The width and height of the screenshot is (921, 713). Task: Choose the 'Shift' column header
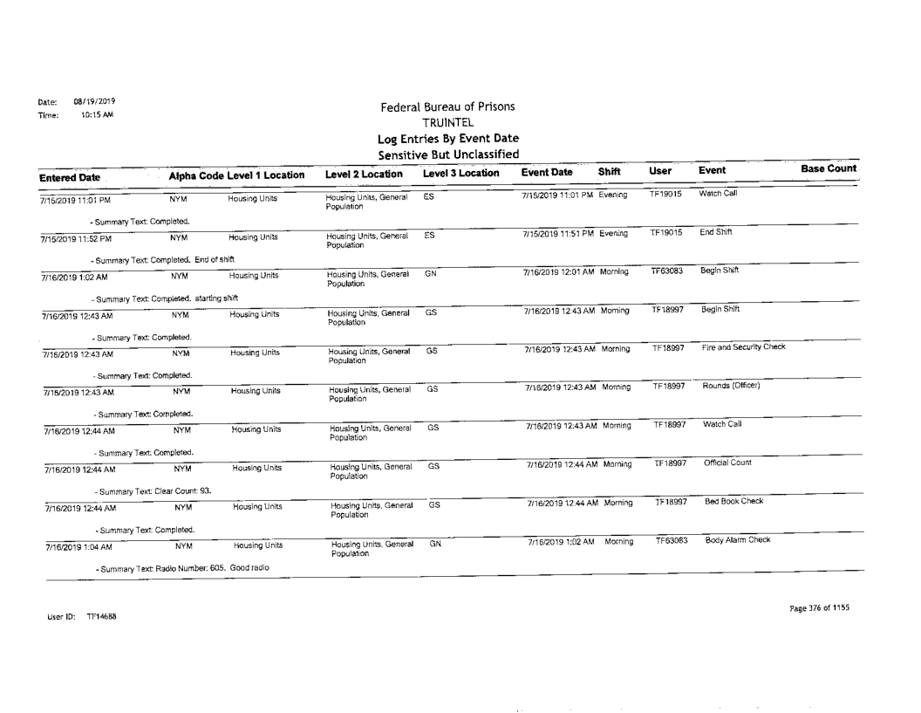[609, 174]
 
